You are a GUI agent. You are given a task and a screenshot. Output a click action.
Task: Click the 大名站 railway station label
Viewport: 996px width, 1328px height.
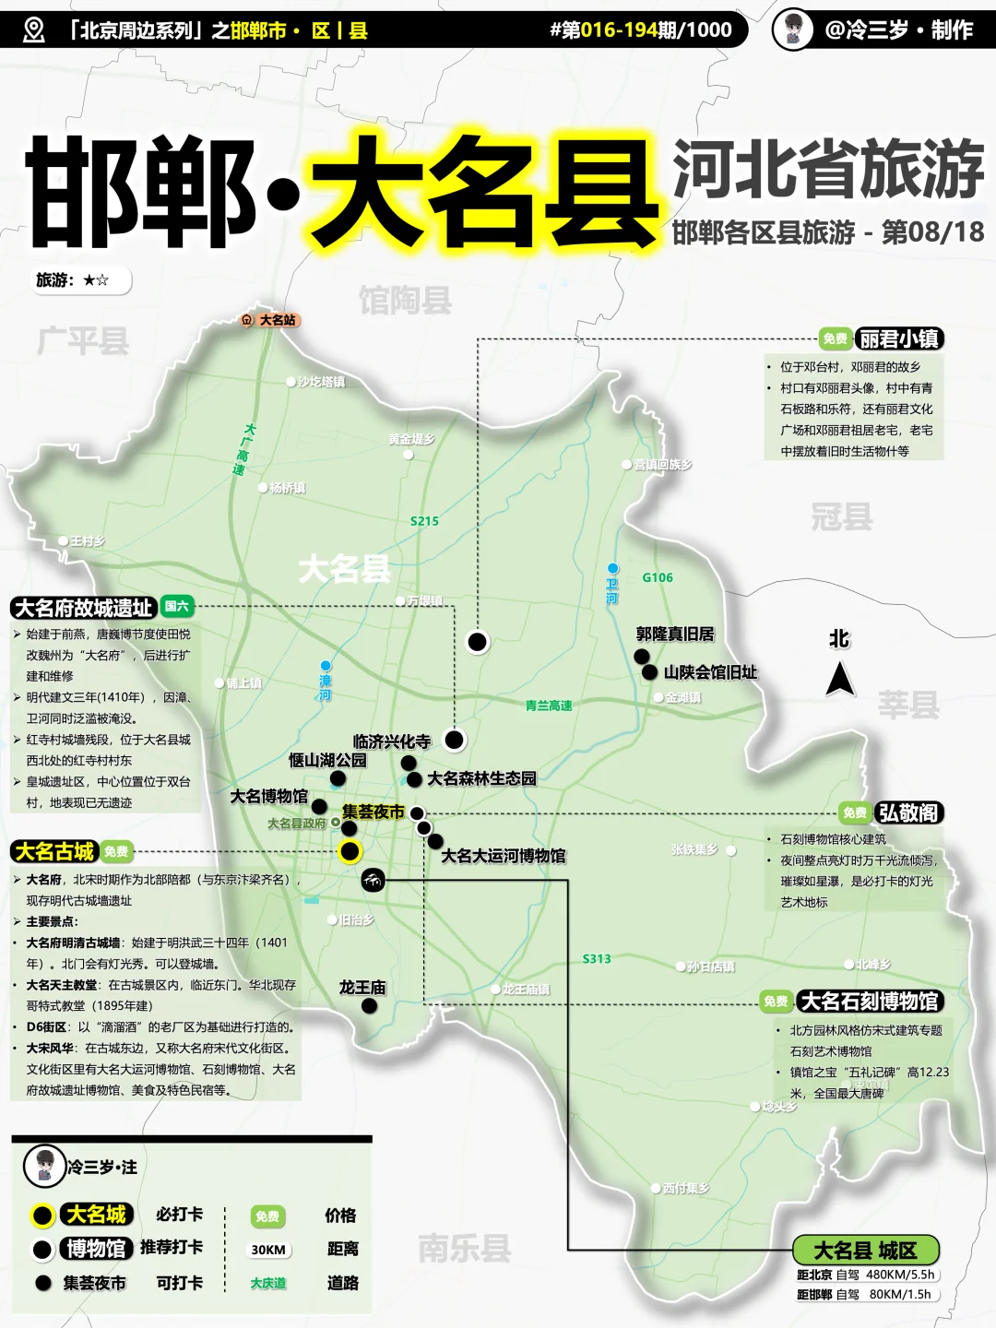click(277, 320)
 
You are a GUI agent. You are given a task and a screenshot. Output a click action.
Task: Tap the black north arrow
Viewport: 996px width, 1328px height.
click(839, 680)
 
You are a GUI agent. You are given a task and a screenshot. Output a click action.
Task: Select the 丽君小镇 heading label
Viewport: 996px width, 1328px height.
click(898, 338)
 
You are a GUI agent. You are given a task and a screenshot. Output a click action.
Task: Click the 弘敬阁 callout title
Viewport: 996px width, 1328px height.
click(908, 812)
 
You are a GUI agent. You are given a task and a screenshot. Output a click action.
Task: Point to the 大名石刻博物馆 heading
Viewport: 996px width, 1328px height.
click(869, 1001)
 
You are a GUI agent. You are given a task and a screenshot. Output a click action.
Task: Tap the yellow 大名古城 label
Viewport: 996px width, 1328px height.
click(54, 851)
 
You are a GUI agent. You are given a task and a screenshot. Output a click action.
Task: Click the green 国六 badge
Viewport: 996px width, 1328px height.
click(176, 606)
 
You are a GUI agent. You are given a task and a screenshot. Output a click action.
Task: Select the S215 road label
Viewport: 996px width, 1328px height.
click(424, 521)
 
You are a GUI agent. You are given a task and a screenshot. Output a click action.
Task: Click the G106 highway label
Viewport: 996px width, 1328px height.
click(658, 577)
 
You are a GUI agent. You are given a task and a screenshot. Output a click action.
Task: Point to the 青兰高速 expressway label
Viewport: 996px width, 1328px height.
click(549, 705)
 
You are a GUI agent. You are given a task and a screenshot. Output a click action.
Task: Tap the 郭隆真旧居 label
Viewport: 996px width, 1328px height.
click(675, 634)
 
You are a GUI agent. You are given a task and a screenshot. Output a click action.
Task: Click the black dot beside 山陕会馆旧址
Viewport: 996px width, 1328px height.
click(649, 672)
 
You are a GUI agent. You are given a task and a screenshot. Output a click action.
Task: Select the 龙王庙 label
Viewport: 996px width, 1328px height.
click(362, 987)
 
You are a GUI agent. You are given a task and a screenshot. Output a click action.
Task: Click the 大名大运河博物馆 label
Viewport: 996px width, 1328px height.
click(504, 856)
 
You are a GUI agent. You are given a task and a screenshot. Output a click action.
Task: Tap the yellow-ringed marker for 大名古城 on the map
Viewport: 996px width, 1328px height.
click(350, 851)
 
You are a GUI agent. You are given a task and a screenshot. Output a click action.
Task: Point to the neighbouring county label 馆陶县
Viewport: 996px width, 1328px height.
click(405, 300)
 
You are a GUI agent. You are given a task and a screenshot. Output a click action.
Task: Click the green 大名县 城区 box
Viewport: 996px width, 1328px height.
click(865, 1251)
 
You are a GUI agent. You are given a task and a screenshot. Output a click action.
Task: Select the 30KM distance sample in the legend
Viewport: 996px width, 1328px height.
click(268, 1250)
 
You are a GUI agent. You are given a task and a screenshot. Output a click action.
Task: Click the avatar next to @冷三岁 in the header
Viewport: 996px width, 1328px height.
click(793, 30)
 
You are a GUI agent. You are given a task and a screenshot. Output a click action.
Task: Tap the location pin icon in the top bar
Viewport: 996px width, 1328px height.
click(34, 30)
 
